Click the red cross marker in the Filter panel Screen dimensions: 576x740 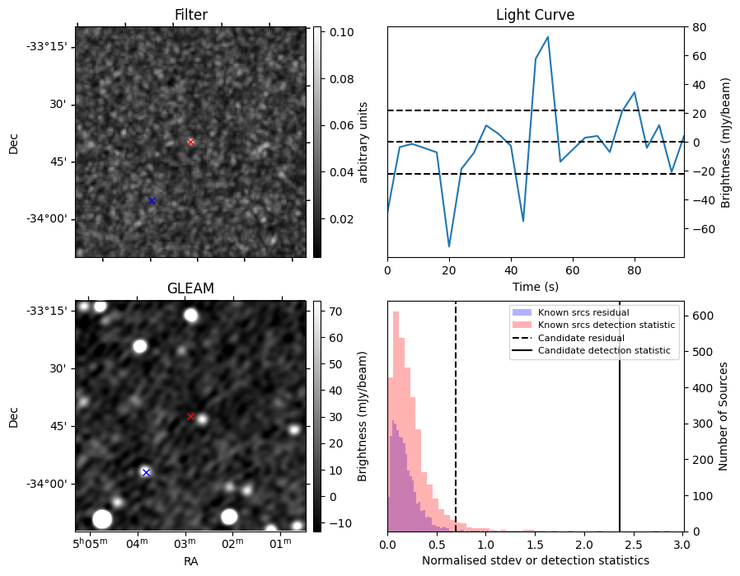coord(190,142)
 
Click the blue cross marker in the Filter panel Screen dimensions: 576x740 coord(152,200)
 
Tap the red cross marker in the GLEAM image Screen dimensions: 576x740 coord(190,416)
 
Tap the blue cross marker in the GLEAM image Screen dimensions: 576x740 coord(146,472)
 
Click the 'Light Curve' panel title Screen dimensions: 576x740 coord(535,16)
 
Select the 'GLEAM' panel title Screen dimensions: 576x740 coord(190,288)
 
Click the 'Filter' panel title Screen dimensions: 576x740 coord(190,16)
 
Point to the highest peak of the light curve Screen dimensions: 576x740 coord(548,37)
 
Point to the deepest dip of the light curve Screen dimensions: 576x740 coord(449,246)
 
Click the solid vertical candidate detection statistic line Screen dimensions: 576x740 coord(620,428)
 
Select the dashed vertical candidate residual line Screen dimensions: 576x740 coord(456,428)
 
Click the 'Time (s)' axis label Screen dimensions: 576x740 coord(535,289)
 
